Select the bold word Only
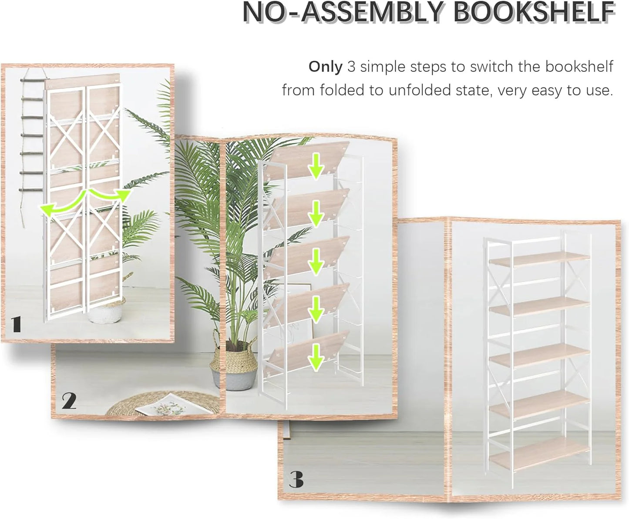tap(325, 67)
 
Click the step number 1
tap(16, 324)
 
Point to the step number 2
tap(69, 401)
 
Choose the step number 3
tap(296, 480)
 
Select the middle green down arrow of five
tap(316, 262)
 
